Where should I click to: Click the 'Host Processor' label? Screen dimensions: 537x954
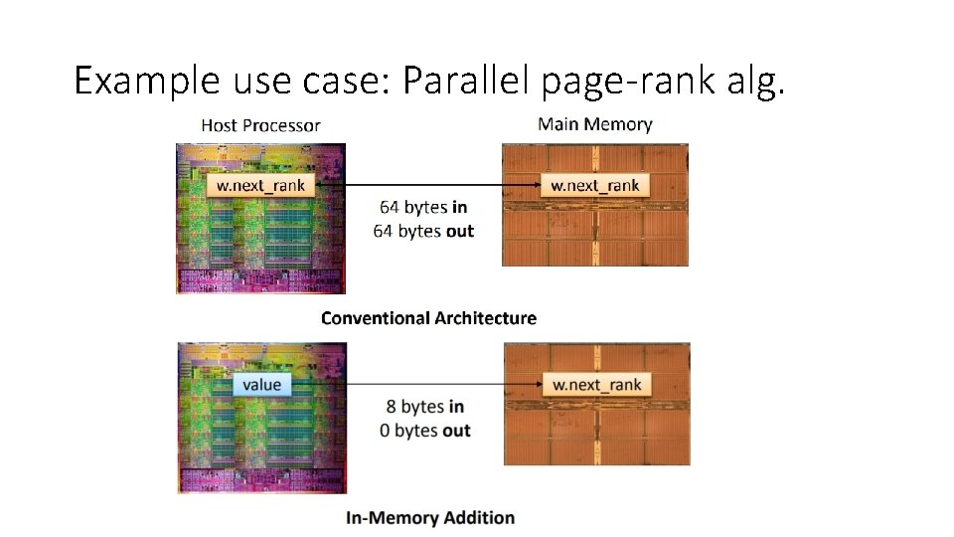(260, 125)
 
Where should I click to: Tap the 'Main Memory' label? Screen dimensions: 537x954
(594, 124)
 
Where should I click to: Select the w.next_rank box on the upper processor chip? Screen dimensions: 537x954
(261, 185)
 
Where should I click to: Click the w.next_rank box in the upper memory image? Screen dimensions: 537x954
(594, 185)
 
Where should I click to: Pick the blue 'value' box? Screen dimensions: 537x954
(261, 384)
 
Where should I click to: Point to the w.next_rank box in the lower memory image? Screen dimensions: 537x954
(595, 385)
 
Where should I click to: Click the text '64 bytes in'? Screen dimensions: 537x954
(423, 208)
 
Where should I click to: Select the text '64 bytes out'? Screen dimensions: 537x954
(423, 232)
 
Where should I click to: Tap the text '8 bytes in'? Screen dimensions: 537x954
(424, 407)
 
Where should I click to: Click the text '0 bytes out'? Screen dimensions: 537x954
(424, 431)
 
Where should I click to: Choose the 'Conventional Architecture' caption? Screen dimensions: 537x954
(428, 318)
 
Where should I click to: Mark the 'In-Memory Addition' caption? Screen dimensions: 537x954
(430, 518)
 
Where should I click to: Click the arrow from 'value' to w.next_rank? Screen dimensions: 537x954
(417, 385)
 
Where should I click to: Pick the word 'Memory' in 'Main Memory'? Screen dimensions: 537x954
(618, 124)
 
